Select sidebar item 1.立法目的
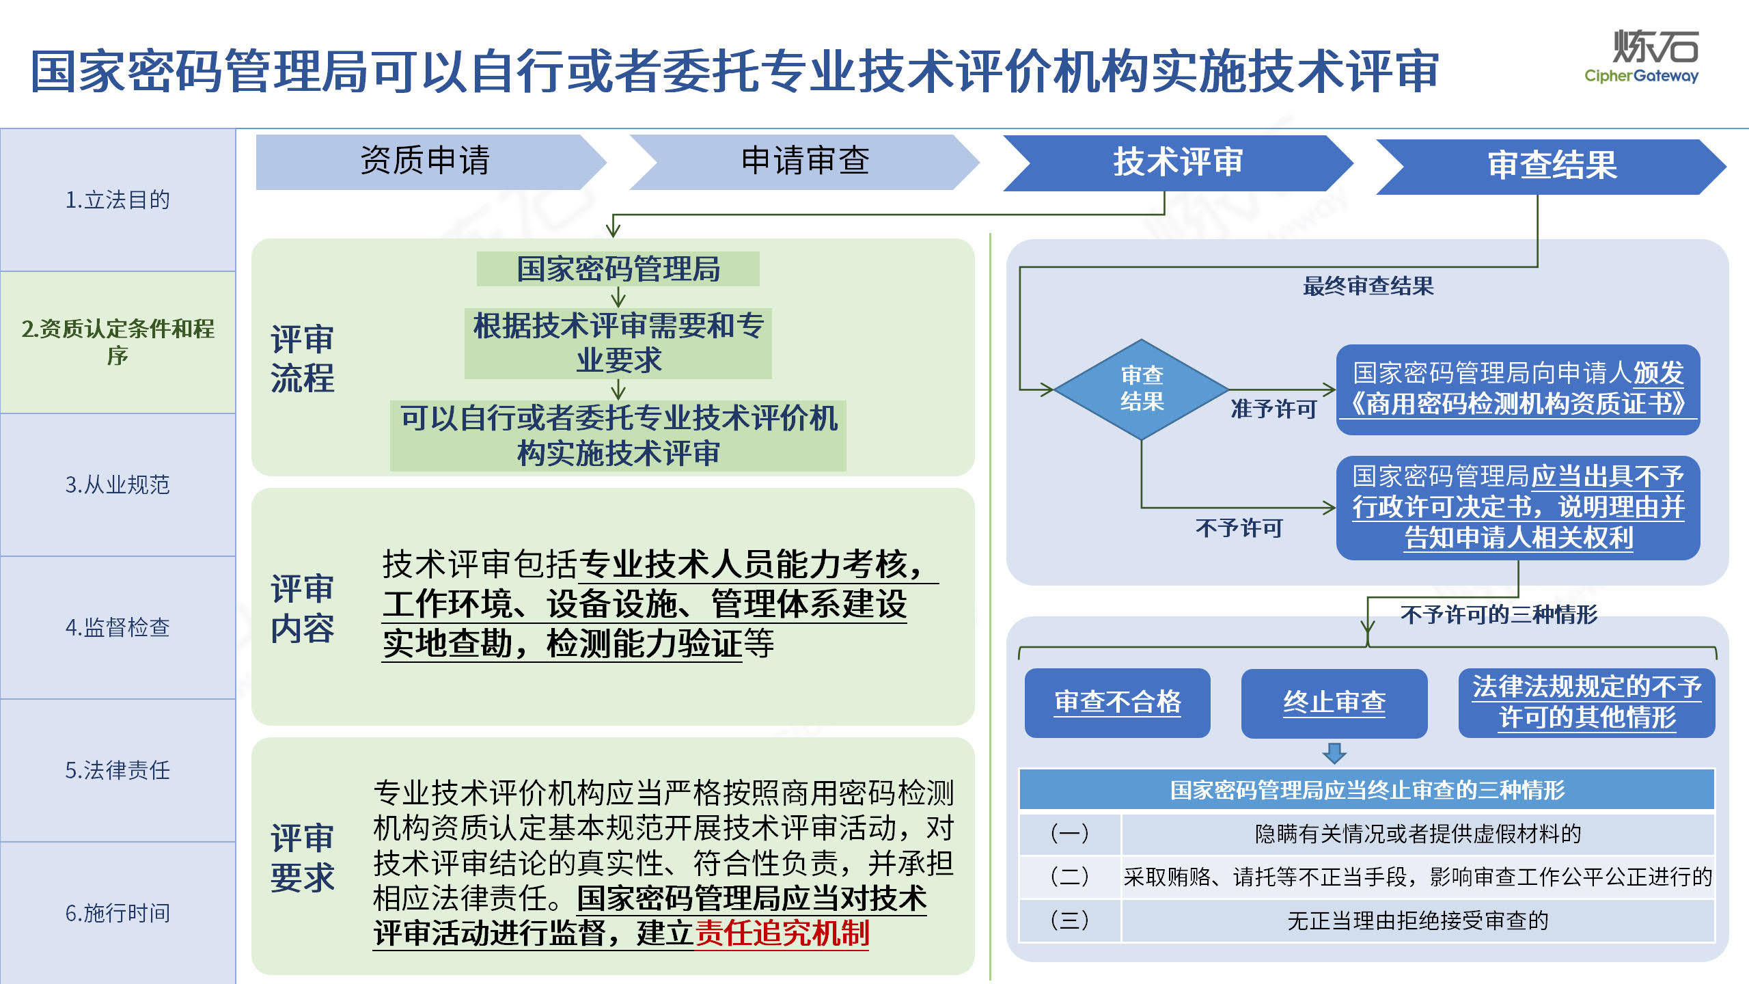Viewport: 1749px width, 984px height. point(118,200)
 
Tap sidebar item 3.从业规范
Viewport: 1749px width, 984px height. point(118,484)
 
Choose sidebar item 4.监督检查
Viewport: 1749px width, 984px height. point(118,627)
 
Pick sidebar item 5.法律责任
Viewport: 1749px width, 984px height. point(118,770)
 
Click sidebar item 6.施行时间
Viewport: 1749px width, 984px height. point(118,913)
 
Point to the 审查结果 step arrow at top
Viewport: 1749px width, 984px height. point(1551,167)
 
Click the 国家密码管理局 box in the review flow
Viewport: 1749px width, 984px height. point(618,269)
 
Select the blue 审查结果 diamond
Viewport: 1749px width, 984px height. point(1142,389)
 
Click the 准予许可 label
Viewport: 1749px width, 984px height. point(1273,409)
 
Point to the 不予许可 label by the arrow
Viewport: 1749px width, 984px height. point(1239,528)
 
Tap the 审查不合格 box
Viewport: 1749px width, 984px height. point(1118,702)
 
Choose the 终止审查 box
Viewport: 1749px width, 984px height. point(1334,702)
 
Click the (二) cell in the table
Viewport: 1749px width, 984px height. point(1070,877)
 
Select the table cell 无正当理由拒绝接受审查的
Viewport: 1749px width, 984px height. point(1418,920)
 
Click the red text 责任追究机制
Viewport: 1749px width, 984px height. point(782,933)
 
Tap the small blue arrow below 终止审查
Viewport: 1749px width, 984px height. point(1334,753)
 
